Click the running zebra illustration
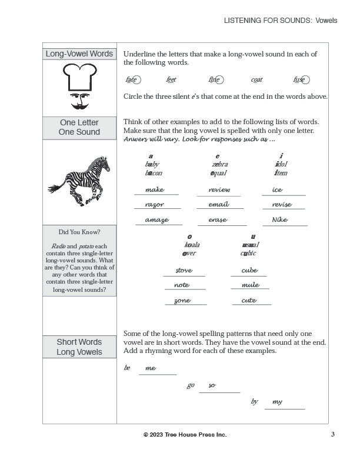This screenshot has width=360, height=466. coord(79,180)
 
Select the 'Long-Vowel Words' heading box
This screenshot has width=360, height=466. coord(79,54)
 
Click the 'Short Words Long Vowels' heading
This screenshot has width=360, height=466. coord(79,347)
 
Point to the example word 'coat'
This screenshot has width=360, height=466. coord(256,80)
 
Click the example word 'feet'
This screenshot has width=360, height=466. coord(171,80)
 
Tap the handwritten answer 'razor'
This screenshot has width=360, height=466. coord(154,205)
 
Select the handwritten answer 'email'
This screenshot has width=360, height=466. coord(218,205)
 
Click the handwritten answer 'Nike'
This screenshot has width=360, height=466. coord(280,220)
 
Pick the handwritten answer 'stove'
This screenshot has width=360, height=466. coord(184,271)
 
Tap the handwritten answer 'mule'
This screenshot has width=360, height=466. coord(251,285)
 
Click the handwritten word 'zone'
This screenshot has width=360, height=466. coord(182,301)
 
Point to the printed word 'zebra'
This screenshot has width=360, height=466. coord(220,164)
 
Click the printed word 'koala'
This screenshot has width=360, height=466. coord(192,245)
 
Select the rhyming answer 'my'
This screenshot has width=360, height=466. coord(277,402)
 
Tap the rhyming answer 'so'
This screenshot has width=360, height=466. coord(212,385)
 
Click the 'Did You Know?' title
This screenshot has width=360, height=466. coord(79,232)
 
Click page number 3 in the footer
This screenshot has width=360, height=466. coord(332,434)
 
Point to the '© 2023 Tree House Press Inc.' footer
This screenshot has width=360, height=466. coord(185,434)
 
